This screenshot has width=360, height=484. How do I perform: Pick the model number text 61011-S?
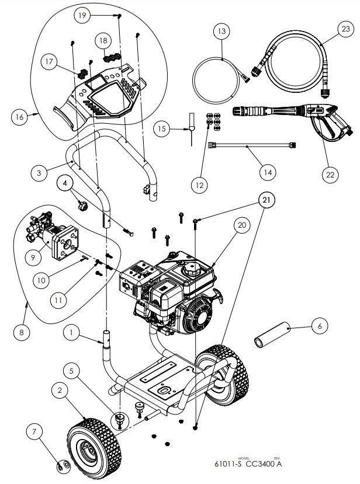coord(229,465)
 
